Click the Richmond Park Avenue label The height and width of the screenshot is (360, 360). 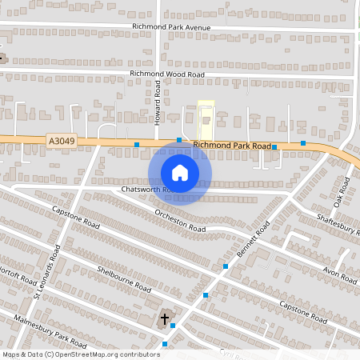(x=171, y=27)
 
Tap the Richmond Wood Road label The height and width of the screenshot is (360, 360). (x=167, y=74)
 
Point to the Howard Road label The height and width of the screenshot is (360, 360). (x=158, y=105)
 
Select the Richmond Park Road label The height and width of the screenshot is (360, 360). (x=233, y=146)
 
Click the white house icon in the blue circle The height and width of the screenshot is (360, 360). (x=180, y=173)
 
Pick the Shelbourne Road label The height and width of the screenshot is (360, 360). (x=124, y=278)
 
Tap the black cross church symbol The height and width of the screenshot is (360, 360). (x=166, y=318)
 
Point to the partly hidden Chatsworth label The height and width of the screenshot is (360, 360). (x=141, y=190)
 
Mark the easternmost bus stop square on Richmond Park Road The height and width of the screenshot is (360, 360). (x=303, y=143)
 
